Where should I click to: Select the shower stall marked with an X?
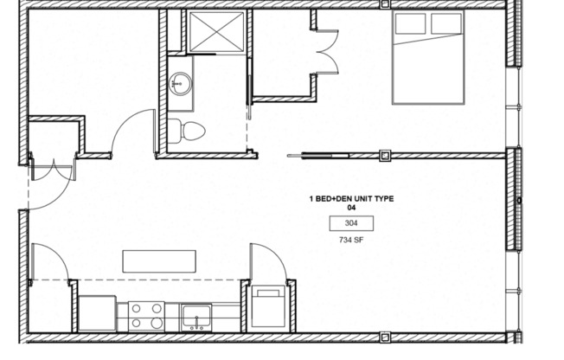point(215,32)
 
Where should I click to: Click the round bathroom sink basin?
point(182,83)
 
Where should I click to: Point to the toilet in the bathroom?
point(187,132)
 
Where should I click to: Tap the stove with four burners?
point(146,315)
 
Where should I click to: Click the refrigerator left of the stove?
point(98,313)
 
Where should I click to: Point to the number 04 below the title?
point(351,209)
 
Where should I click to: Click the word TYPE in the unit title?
point(383,199)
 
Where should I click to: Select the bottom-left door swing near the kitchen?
point(48,260)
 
